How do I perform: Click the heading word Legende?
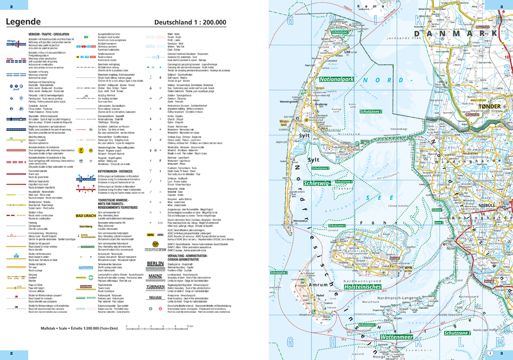pyautogui.click(x=23, y=22)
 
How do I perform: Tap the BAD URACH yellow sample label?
pyautogui.click(x=86, y=216)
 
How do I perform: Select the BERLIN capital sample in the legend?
pyautogui.click(x=155, y=264)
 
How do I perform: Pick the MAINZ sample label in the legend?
pyautogui.click(x=155, y=275)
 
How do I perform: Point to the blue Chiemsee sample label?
pyautogui.click(x=86, y=267)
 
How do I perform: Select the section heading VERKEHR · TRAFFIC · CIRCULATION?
pyautogui.click(x=50, y=32)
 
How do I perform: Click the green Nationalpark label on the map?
pyautogui.click(x=337, y=79)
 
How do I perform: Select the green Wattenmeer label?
pyautogui.click(x=396, y=337)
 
